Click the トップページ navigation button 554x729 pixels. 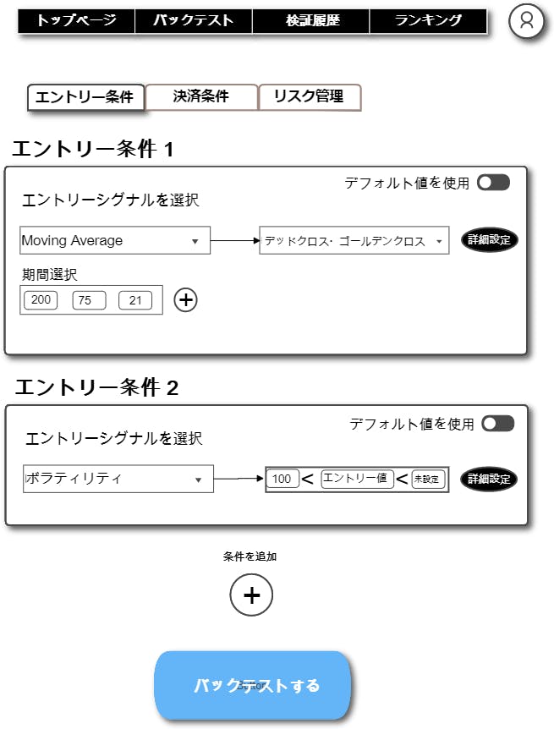(x=76, y=20)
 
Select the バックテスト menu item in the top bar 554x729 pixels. (x=194, y=20)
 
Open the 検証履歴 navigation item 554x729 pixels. (x=310, y=20)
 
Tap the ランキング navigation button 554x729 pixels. (x=428, y=20)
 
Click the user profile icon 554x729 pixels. (x=527, y=21)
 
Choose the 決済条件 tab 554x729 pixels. (x=201, y=96)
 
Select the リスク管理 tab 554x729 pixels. (x=310, y=96)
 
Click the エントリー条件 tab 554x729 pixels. (x=85, y=97)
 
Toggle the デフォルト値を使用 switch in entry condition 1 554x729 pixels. (x=494, y=183)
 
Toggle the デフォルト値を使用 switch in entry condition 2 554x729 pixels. (x=497, y=424)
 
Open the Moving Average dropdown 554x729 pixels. (x=115, y=240)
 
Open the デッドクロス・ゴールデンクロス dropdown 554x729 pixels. (x=354, y=240)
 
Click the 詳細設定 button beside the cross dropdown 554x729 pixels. (x=490, y=240)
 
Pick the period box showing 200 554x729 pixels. (x=41, y=300)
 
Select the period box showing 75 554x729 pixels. (x=89, y=300)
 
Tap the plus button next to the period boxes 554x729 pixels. (x=185, y=300)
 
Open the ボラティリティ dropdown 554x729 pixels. (x=118, y=479)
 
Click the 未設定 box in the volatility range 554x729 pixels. (x=428, y=479)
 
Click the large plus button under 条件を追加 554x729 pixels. (x=251, y=595)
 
